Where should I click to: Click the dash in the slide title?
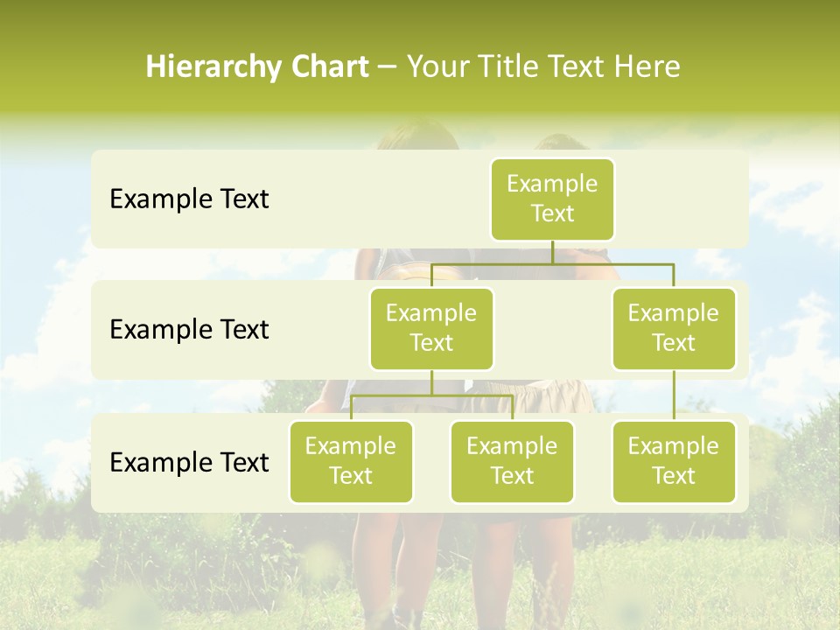tap(388, 68)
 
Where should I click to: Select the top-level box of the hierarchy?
tap(552, 199)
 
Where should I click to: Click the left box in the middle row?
tap(431, 328)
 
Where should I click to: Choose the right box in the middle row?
tap(674, 328)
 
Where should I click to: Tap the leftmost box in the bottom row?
tap(351, 461)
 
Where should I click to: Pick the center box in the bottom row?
tap(512, 461)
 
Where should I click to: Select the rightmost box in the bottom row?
tap(674, 461)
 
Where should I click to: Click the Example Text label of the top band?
tap(189, 199)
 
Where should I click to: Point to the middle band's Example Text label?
tap(189, 330)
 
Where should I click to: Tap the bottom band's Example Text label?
tap(189, 462)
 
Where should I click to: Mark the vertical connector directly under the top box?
tap(552, 252)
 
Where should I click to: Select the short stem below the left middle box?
tap(431, 382)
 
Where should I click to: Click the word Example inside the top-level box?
tap(552, 184)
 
